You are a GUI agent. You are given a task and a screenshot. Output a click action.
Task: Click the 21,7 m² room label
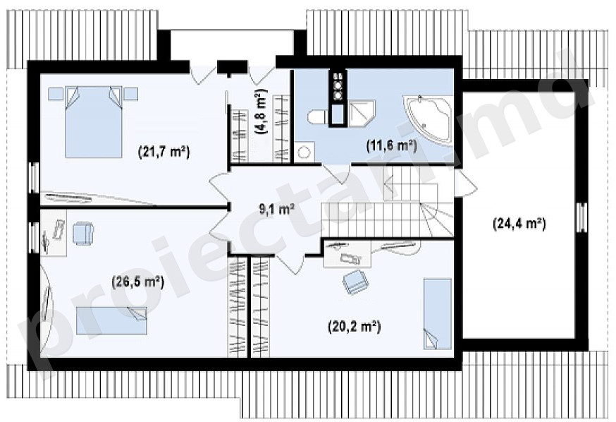coord(164,152)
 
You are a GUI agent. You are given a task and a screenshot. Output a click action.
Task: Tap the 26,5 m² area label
coord(138,282)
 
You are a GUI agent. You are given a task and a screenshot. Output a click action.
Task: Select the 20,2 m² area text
coord(355,327)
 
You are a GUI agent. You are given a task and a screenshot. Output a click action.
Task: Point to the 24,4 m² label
coord(519,224)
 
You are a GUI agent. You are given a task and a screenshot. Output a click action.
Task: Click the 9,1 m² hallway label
coord(277,209)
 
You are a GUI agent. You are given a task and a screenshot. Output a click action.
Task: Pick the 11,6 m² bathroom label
coord(391,146)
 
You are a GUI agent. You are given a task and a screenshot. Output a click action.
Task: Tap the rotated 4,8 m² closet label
coord(261,111)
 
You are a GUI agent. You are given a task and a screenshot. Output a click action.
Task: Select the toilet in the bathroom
coord(318,117)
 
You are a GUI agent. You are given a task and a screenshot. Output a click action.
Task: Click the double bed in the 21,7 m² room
coord(94,121)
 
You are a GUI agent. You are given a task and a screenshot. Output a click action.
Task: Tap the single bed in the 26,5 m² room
coord(111,321)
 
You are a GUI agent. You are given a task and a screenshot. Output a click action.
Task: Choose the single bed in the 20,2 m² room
coord(437,314)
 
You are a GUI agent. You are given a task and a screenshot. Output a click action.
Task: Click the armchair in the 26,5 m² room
coord(83,234)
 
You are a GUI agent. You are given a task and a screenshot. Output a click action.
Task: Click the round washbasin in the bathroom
coord(304,152)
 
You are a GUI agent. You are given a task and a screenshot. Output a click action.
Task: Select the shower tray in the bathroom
coord(362,114)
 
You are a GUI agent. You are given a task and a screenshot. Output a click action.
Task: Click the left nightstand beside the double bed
coord(56,94)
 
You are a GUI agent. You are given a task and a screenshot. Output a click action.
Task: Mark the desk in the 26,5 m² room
coord(53,233)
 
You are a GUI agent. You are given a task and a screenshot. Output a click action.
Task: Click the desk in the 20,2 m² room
coord(347,254)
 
